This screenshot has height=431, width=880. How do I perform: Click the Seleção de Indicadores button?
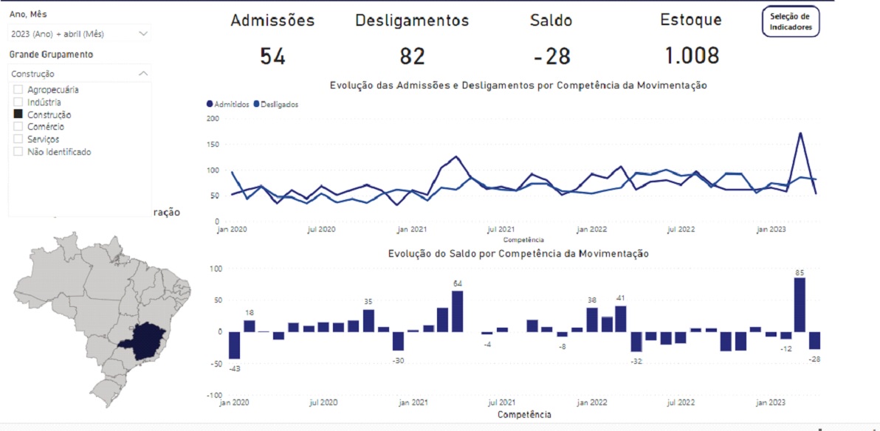pyautogui.click(x=791, y=21)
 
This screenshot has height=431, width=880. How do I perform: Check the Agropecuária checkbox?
pyautogui.click(x=18, y=90)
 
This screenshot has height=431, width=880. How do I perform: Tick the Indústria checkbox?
pyautogui.click(x=18, y=102)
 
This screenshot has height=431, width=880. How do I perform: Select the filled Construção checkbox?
pyautogui.click(x=18, y=114)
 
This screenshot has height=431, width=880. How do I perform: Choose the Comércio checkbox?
pyautogui.click(x=18, y=127)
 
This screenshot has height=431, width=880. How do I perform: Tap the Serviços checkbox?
pyautogui.click(x=18, y=139)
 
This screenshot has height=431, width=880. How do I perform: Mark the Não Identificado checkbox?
pyautogui.click(x=18, y=151)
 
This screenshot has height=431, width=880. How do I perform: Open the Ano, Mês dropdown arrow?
pyautogui.click(x=143, y=34)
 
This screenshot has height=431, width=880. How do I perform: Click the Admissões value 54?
pyautogui.click(x=272, y=56)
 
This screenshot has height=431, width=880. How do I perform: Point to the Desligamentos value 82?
pyautogui.click(x=412, y=56)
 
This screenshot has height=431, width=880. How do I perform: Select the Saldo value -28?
pyautogui.click(x=551, y=56)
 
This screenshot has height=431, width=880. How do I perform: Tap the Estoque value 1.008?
pyautogui.click(x=690, y=56)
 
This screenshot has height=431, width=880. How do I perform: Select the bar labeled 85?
pyautogui.click(x=800, y=304)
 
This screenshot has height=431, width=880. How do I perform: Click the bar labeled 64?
pyautogui.click(x=458, y=311)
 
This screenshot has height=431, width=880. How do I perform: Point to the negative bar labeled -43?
pyautogui.click(x=235, y=345)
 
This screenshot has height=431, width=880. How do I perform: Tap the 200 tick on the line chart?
pyautogui.click(x=213, y=118)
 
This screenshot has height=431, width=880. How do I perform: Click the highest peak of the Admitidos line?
pyautogui.click(x=800, y=134)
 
